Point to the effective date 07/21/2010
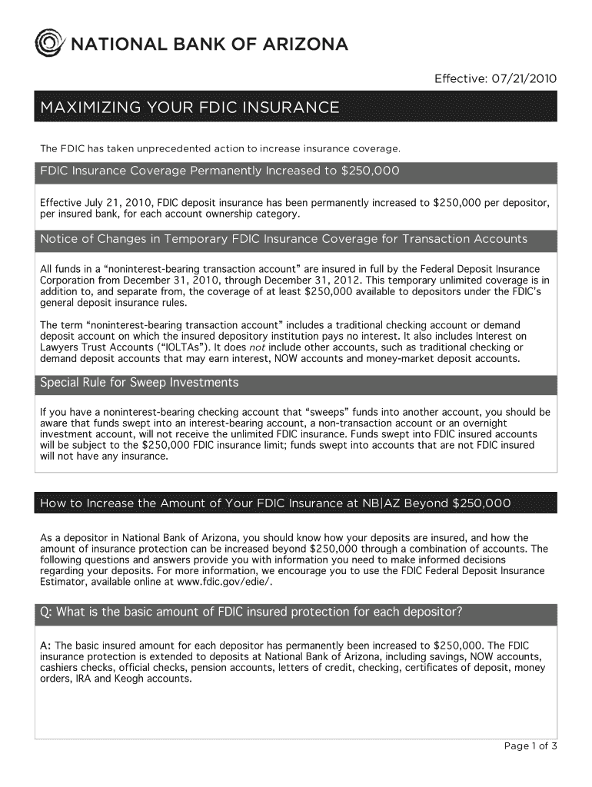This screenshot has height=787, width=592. (524, 79)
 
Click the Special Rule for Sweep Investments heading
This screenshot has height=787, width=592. (139, 383)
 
